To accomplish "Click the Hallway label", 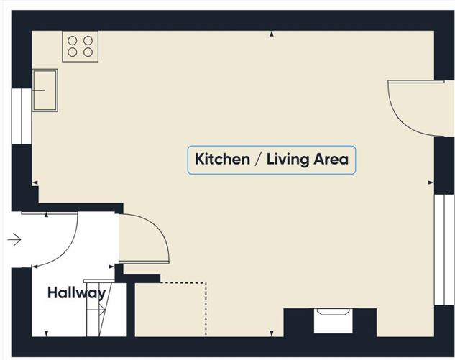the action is click(76, 293).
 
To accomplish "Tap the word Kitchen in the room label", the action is click(222, 160).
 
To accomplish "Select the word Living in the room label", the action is click(288, 160).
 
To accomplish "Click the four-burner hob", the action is click(81, 47).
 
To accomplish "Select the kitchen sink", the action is click(45, 91).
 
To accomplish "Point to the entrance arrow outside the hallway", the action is click(14, 240).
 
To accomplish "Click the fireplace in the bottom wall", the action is click(334, 320).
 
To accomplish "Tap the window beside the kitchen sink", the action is click(22, 116).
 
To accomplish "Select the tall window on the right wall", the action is click(444, 250).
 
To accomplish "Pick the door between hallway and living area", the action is click(144, 239).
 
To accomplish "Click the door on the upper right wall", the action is click(415, 109).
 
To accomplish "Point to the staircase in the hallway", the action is click(99, 308).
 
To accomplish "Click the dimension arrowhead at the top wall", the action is click(272, 34).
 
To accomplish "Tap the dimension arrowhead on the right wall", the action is click(431, 183).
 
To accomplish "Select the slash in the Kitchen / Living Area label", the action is click(258, 160).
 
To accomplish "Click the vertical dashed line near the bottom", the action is click(206, 309).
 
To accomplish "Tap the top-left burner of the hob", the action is click(73, 41).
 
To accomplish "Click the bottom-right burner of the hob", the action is click(88, 52).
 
